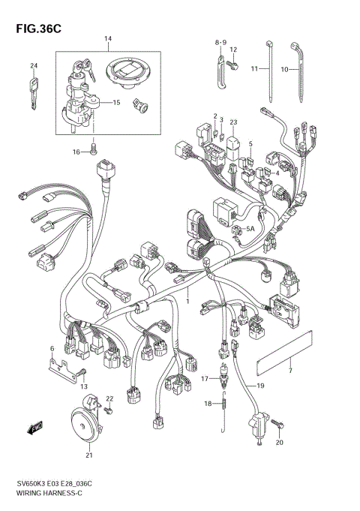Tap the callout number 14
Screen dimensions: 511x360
[x=108, y=39]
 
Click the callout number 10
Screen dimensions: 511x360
[x=284, y=69]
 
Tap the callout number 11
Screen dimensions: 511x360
[x=254, y=69]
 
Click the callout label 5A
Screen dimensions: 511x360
[x=251, y=230]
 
